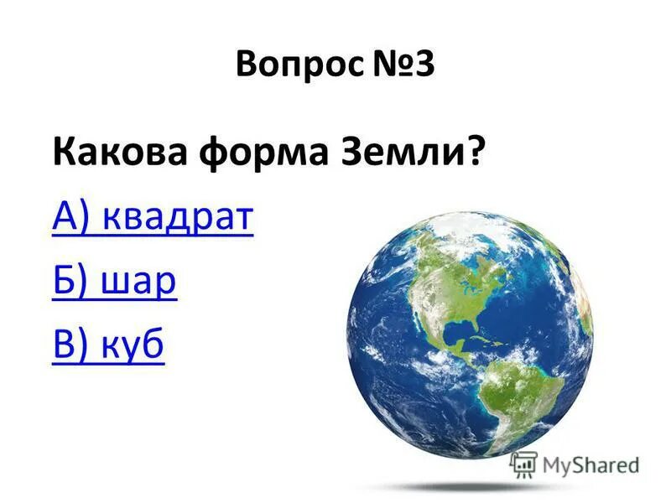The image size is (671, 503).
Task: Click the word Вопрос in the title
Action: coord(299,65)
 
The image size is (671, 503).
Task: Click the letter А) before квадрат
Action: coord(71,218)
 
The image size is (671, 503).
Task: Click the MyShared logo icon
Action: coord(523,464)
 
